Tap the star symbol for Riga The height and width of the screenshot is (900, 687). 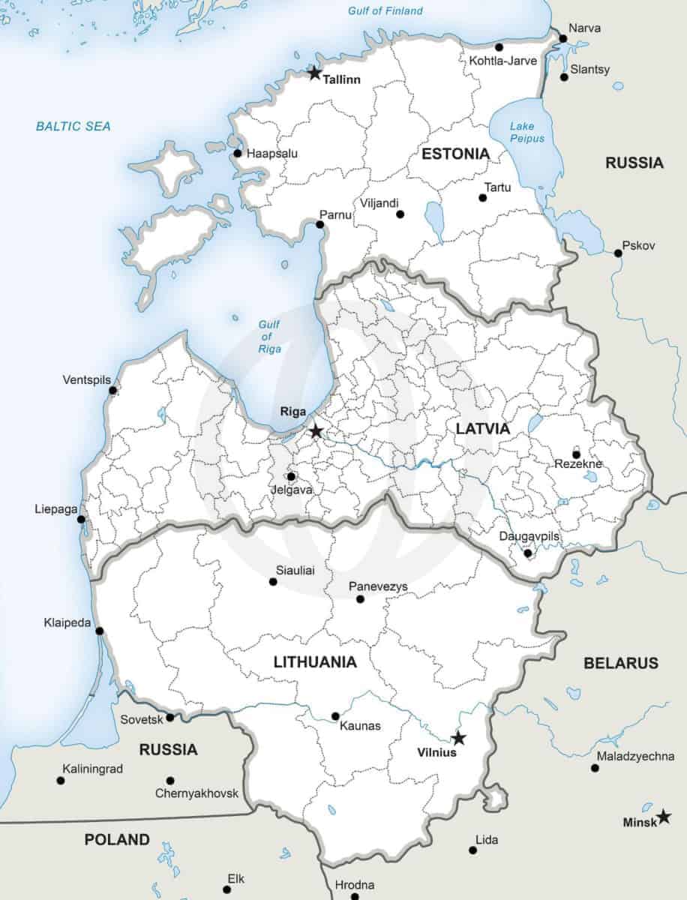tap(316, 430)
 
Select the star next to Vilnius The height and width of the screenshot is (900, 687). tap(458, 739)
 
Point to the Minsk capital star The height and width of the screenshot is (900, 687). tap(664, 817)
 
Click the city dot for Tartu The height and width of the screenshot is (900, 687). tap(482, 198)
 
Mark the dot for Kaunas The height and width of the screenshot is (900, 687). tap(335, 716)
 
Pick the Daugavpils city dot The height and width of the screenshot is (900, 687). tap(528, 553)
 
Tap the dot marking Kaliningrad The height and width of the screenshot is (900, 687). tap(61, 781)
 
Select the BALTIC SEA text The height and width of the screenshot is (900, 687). tap(73, 126)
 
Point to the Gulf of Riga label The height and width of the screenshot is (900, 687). tap(269, 336)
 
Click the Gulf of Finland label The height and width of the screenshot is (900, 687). tap(385, 10)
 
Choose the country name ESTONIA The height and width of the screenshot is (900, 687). tap(455, 154)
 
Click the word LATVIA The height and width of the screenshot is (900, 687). tap(482, 429)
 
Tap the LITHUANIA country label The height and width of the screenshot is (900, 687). tap(315, 662)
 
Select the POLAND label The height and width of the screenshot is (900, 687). tap(117, 839)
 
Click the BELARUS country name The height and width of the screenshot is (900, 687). tap(621, 663)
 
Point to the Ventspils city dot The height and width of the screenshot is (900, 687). tap(112, 390)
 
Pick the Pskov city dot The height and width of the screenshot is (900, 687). tap(618, 253)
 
